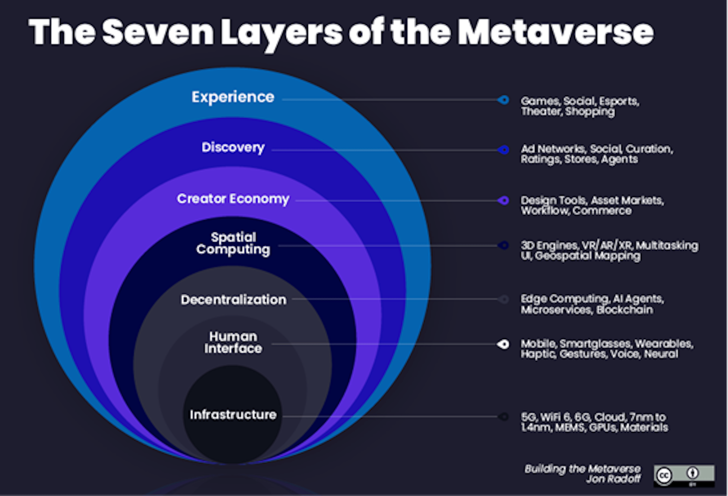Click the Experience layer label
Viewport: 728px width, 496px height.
tap(233, 97)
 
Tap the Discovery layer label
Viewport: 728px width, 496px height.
tap(233, 147)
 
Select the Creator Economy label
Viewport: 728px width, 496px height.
tap(233, 199)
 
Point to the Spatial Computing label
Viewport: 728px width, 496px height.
tap(233, 243)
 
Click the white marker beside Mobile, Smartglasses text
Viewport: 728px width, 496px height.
tap(503, 344)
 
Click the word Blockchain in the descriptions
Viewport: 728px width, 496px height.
tap(625, 310)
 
